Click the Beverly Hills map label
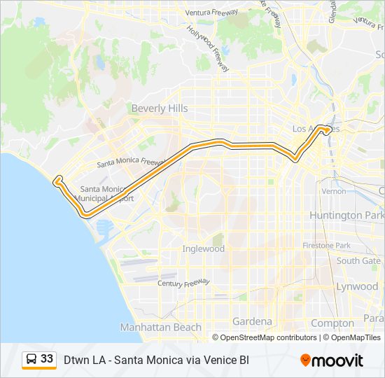[x=160, y=108]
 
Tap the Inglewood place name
[x=203, y=248]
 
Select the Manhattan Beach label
[x=160, y=327]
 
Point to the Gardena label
[x=252, y=321]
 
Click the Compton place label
[x=332, y=323]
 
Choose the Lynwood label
[x=357, y=286]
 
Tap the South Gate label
[x=358, y=260]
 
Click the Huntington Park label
[x=346, y=216]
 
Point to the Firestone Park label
[x=326, y=246]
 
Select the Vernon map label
[x=333, y=191]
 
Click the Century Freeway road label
[x=183, y=283]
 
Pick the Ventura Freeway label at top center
[x=211, y=13]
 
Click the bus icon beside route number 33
[x=31, y=360]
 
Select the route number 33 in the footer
[x=47, y=359]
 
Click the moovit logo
[x=332, y=360]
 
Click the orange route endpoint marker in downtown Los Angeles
[x=326, y=129]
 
